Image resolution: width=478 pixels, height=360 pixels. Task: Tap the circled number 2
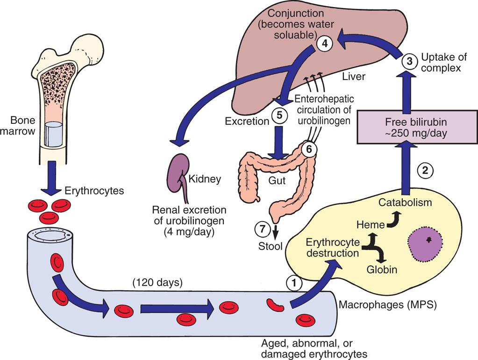425,171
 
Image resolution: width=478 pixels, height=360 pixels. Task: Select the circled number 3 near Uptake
409,60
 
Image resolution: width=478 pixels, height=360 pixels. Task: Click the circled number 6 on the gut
308,149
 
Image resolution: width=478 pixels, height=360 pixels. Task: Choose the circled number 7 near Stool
262,229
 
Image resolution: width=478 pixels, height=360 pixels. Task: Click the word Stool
271,245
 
